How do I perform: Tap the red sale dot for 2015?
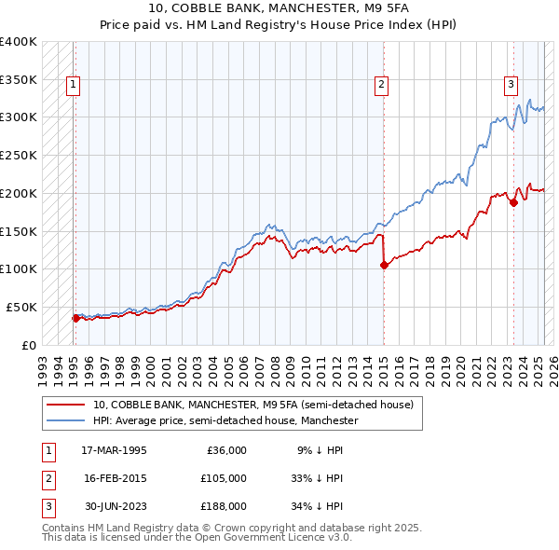point(384,265)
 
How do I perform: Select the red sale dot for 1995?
point(76,318)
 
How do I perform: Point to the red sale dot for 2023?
point(513,202)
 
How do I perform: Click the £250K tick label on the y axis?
point(19,156)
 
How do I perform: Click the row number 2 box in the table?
point(48,478)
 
